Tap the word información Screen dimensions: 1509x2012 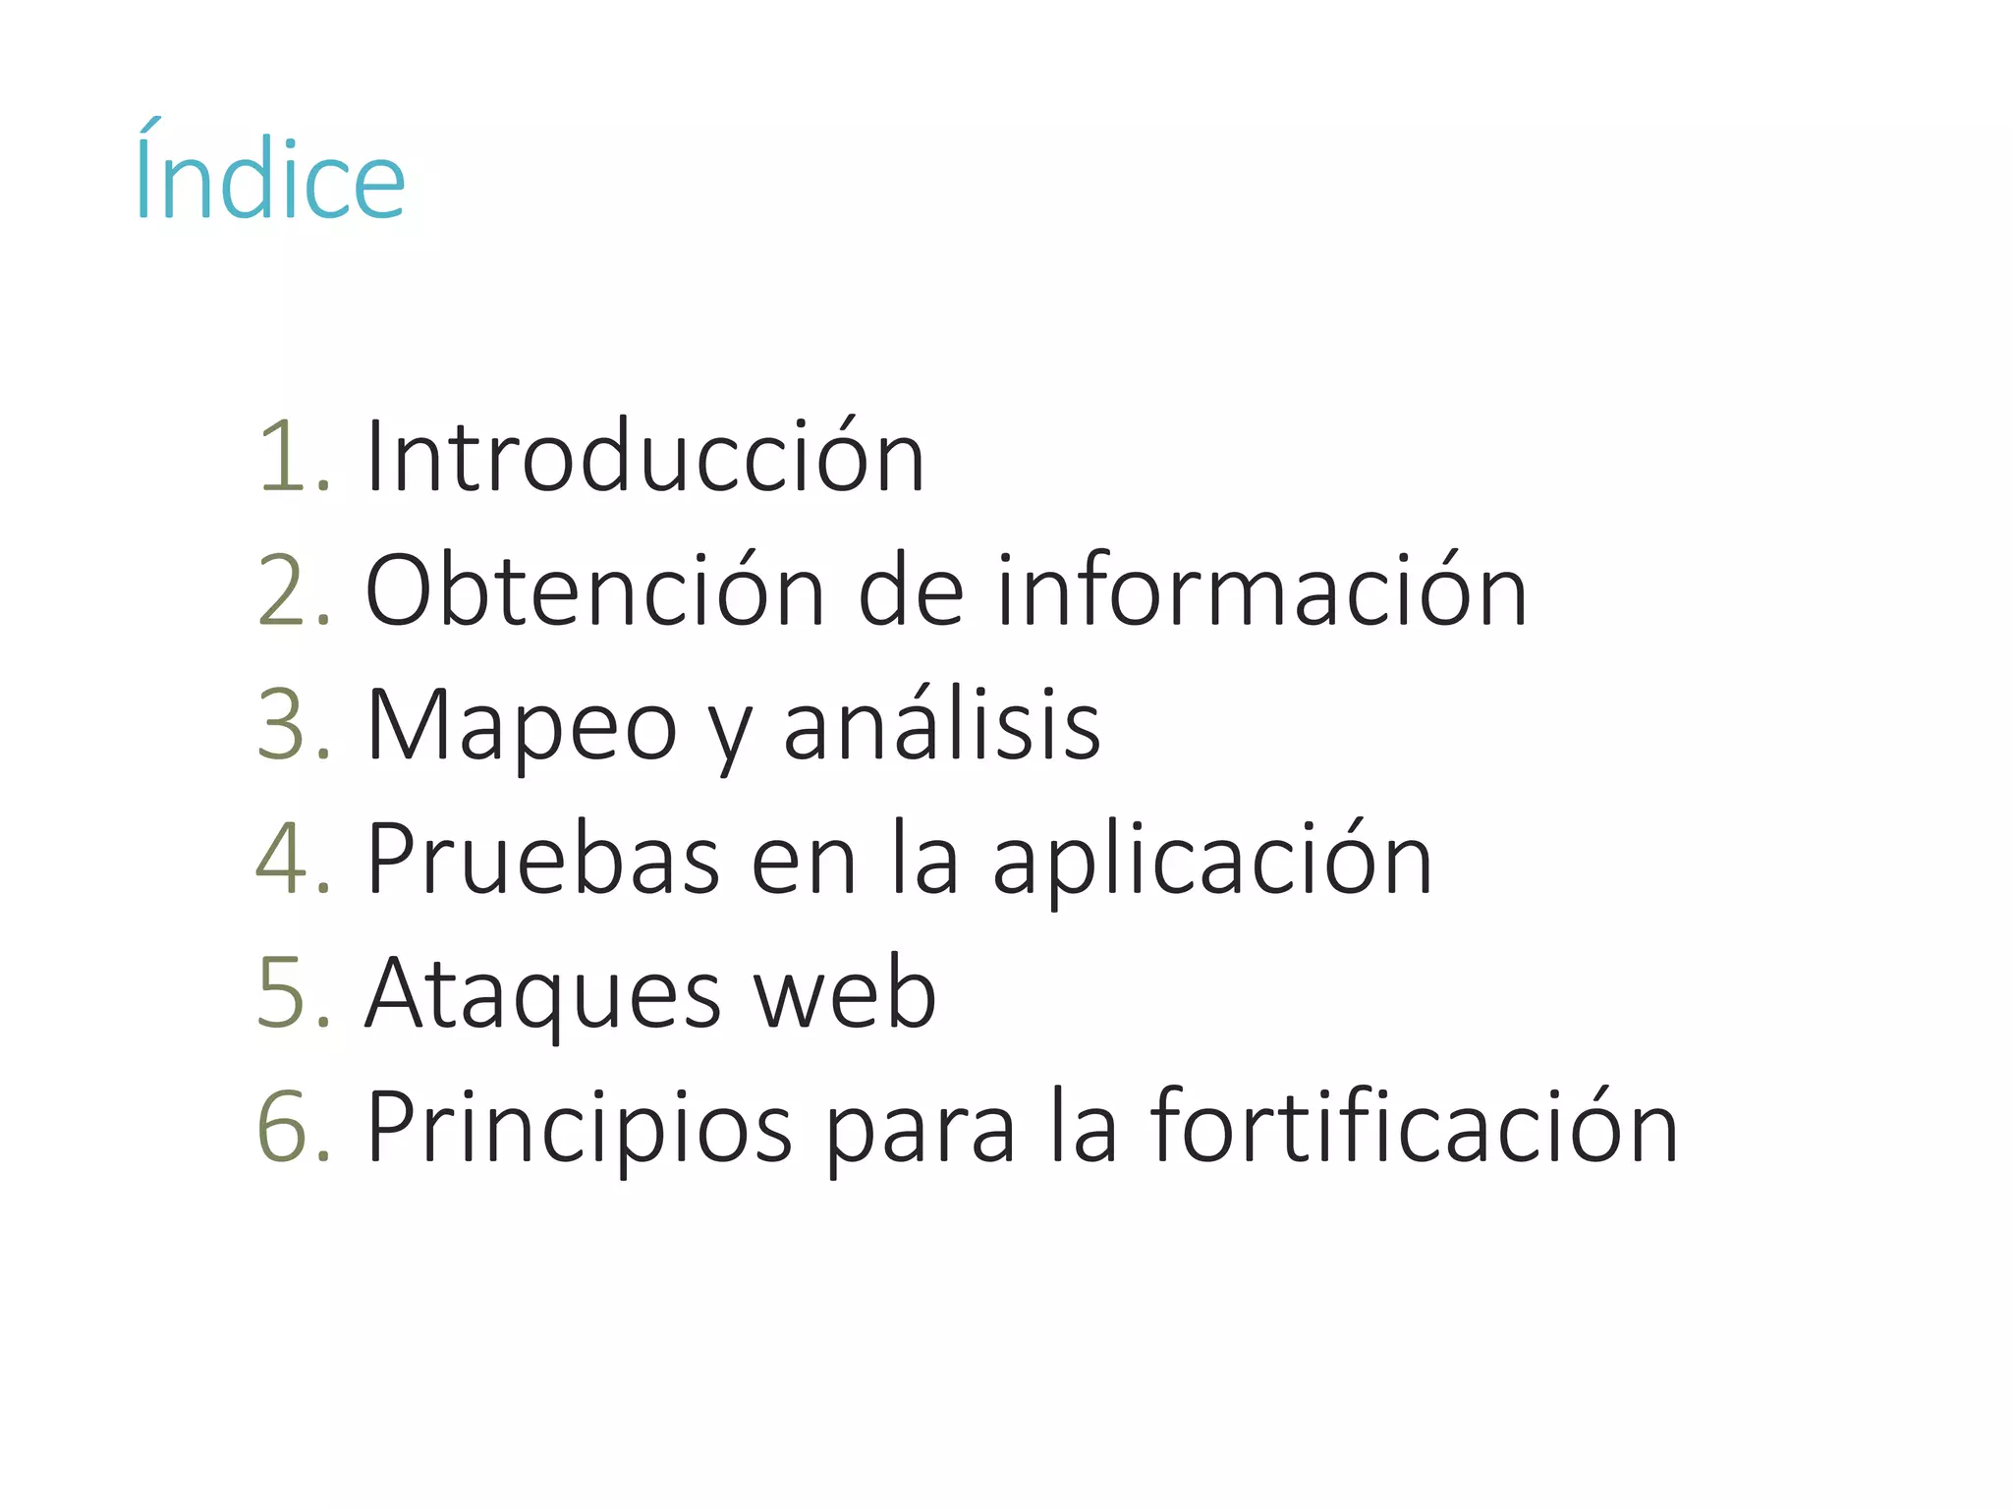1262,590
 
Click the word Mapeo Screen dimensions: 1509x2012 522,725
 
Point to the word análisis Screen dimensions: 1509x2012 942,725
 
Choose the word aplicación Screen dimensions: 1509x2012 1212,859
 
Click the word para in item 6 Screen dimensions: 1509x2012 920,1130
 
